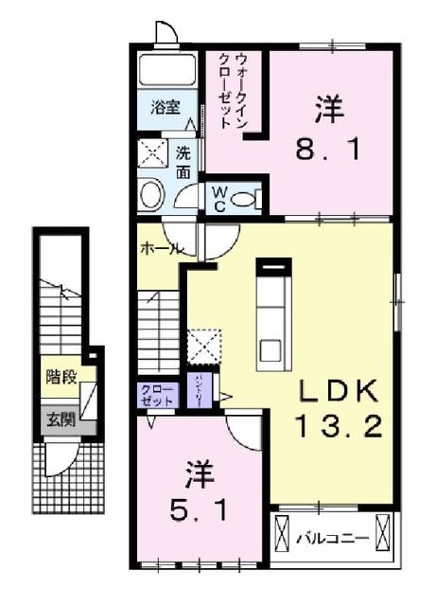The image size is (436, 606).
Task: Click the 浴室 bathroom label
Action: [166, 108]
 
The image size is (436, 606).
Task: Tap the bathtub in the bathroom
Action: [167, 69]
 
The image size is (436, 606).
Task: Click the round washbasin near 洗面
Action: [150, 194]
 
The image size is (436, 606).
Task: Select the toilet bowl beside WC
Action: [247, 197]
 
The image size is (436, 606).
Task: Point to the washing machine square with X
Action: [150, 151]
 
